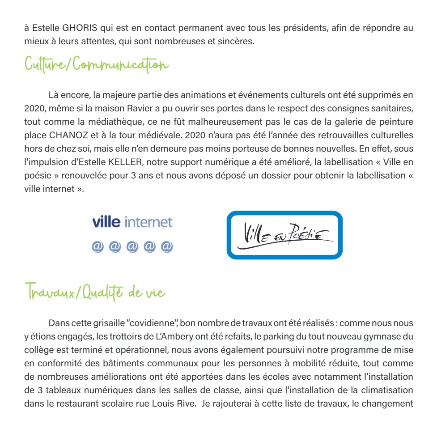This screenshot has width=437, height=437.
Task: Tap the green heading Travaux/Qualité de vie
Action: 94,293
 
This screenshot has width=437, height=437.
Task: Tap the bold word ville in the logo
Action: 106,222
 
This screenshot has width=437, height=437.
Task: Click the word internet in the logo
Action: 148,222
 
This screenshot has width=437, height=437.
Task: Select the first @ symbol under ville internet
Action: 98,246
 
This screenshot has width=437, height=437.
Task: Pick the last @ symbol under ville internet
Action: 167,246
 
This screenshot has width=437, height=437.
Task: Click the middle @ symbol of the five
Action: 132,246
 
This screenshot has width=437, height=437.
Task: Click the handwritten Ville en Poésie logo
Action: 284,235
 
